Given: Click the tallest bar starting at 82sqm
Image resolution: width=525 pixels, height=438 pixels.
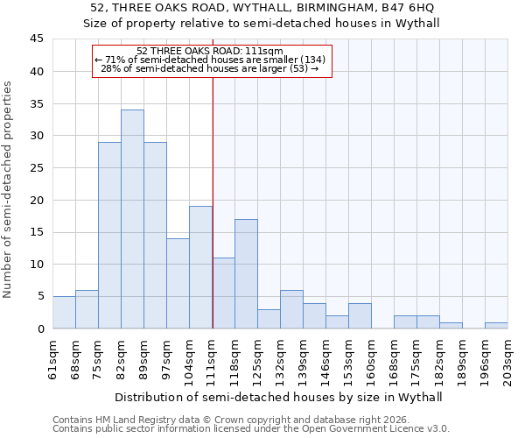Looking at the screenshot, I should coord(132,219).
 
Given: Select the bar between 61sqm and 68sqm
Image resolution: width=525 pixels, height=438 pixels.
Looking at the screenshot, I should coord(64,313).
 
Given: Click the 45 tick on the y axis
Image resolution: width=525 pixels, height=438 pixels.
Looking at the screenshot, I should coord(37,39).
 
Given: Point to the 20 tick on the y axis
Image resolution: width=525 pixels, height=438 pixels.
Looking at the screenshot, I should coord(37,200).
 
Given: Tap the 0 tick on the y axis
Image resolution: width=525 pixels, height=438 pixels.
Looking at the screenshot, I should coord(40,328).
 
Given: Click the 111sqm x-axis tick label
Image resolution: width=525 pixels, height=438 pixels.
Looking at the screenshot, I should coord(213,357).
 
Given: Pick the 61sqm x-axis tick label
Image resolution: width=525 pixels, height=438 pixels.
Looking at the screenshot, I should coord(53,357).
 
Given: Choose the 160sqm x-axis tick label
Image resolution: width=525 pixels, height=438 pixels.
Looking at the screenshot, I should coord(372,357).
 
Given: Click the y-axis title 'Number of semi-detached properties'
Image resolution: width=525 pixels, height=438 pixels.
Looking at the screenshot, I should coord(8,189).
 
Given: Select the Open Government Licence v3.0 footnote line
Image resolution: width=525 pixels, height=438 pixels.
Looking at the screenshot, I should coord(250,429).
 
